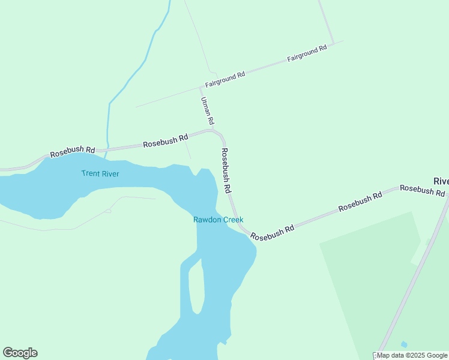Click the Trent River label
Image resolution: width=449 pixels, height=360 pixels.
100,174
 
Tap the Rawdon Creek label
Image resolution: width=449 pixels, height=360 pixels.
218,220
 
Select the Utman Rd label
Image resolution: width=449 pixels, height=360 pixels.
206,112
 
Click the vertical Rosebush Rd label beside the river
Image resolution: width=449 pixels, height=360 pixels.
226,171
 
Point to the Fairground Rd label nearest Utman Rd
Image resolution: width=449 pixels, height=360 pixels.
225,79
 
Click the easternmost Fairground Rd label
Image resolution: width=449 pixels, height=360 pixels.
307,53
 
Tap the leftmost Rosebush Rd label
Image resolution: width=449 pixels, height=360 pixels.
73,152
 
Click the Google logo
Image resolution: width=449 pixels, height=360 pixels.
20,353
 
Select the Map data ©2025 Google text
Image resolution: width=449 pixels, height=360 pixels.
412,355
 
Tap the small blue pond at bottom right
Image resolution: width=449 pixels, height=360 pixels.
404,344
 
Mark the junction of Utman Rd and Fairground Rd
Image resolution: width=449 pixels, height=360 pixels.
200,88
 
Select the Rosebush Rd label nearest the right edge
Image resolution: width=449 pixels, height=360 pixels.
423,190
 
